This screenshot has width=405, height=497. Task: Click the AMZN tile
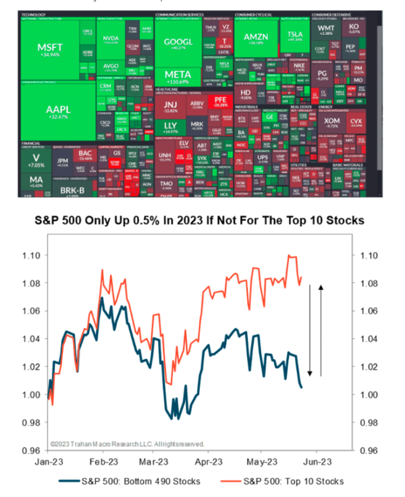[x=255, y=37]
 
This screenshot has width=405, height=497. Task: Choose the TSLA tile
[x=294, y=37]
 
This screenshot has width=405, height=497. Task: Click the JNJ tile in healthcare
[x=170, y=107]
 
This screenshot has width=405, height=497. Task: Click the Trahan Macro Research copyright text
[x=127, y=444]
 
